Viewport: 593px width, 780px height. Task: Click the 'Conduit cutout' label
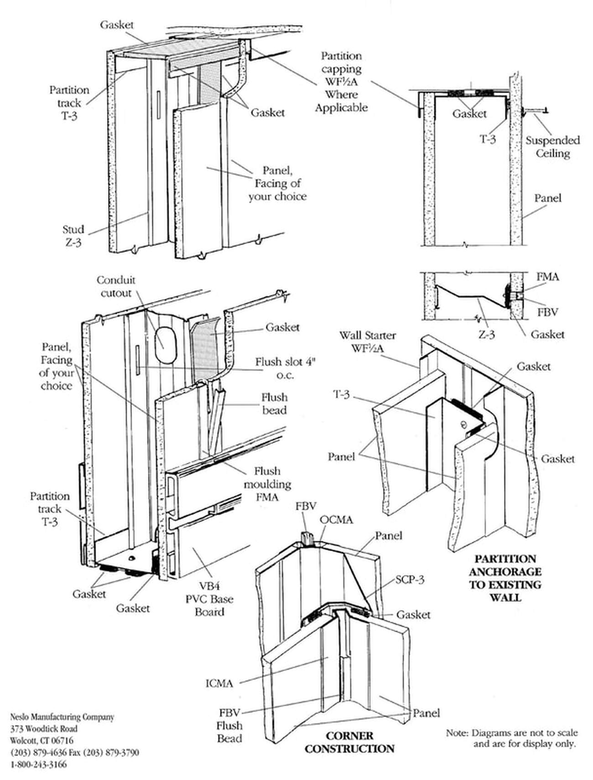(116, 286)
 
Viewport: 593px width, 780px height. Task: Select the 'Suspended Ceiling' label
(552, 146)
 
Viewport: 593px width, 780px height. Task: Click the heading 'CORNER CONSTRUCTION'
(349, 742)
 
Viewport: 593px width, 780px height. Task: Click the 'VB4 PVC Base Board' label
(209, 599)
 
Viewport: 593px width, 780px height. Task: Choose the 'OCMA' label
(336, 520)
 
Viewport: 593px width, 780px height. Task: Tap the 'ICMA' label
(219, 683)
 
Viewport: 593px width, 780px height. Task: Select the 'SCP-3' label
(410, 579)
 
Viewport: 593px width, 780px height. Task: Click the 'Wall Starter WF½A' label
(367, 341)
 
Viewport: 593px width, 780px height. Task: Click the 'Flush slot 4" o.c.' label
(285, 368)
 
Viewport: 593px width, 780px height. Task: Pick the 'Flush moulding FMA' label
(267, 484)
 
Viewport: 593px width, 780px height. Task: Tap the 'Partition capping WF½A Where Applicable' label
(341, 82)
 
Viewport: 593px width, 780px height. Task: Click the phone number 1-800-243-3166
(38, 764)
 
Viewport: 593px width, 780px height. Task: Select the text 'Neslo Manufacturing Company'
(62, 717)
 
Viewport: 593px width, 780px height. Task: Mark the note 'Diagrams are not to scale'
(512, 733)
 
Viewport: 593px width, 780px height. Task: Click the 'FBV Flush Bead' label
(229, 725)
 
